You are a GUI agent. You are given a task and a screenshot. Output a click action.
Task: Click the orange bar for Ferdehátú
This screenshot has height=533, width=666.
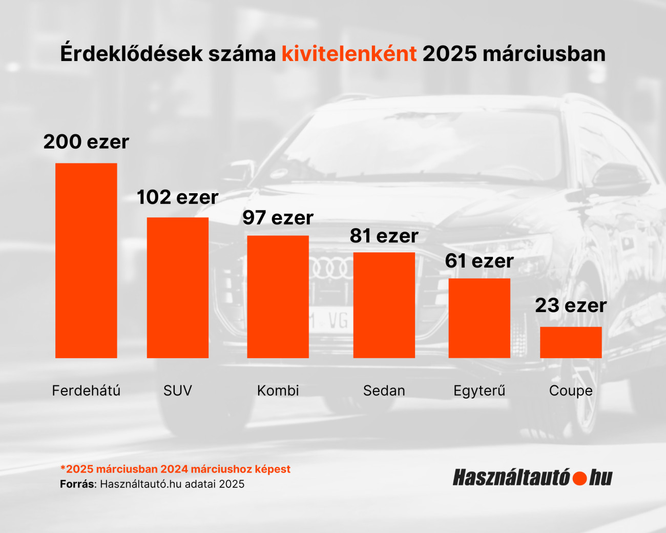click(x=86, y=260)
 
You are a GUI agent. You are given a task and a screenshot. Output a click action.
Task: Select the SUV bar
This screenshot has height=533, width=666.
click(x=178, y=288)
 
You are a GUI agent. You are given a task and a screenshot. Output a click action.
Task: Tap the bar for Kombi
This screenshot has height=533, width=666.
click(x=278, y=297)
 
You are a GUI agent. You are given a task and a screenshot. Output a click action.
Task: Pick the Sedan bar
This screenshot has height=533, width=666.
click(x=384, y=305)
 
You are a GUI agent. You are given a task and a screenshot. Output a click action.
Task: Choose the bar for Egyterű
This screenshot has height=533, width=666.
click(x=479, y=318)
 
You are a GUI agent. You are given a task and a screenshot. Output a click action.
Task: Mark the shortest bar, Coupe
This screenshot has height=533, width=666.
click(x=571, y=342)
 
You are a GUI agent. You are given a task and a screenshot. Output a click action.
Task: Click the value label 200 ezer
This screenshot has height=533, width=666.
click(x=86, y=142)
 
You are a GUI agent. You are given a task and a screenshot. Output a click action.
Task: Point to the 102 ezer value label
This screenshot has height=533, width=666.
click(x=178, y=197)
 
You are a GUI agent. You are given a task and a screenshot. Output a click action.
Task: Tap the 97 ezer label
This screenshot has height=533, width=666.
click(x=278, y=218)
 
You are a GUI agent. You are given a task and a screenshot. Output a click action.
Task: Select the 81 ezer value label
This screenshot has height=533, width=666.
click(x=384, y=236)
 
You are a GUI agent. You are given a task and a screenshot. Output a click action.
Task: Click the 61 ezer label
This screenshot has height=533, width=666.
click(x=479, y=261)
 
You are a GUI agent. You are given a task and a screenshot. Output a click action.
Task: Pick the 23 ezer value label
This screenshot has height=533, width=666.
click(x=571, y=306)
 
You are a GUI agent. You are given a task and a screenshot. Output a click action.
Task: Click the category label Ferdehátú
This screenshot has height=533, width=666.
click(x=86, y=391)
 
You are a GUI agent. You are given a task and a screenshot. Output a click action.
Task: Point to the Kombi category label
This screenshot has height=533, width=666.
click(x=278, y=391)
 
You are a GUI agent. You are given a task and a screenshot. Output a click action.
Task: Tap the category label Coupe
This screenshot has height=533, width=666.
click(x=571, y=391)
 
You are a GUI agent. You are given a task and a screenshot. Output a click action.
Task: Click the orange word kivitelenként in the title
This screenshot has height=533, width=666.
click(x=349, y=54)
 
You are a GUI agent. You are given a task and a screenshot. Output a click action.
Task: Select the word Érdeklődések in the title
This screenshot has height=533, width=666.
click(x=117, y=54)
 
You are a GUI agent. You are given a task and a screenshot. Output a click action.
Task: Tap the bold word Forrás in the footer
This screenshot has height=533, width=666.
click(x=77, y=484)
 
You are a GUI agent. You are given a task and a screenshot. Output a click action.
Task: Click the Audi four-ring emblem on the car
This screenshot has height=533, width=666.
click(x=331, y=269)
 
